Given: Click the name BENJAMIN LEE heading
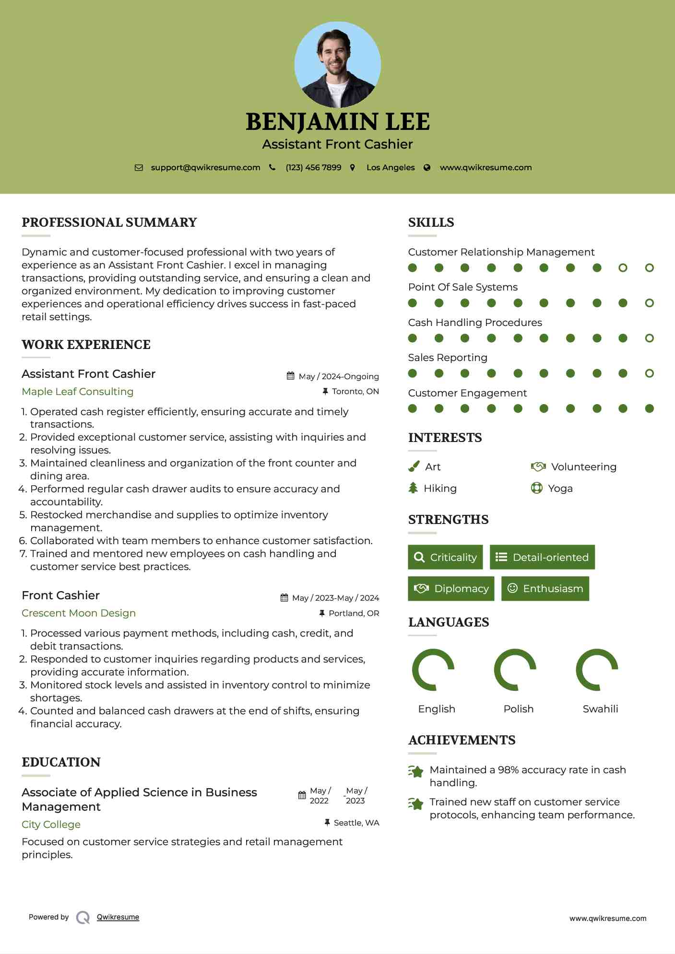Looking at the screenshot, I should (337, 122).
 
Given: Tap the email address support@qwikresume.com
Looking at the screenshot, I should (205, 167).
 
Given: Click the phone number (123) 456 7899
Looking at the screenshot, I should (313, 167).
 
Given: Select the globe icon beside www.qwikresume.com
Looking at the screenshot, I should (427, 167).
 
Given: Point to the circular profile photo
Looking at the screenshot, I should (337, 65).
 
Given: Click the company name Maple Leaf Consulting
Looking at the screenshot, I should (77, 392).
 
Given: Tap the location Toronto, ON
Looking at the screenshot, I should (355, 391).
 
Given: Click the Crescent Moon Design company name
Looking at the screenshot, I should (79, 613).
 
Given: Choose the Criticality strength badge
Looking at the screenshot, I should (445, 557).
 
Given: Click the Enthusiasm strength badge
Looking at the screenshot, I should (545, 589).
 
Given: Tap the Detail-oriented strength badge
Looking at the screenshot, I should (542, 557).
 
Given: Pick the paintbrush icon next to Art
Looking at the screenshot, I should (414, 466).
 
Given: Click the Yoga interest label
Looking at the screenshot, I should (560, 489).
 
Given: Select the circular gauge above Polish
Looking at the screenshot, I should (515, 670).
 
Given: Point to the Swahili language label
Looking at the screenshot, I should (600, 709).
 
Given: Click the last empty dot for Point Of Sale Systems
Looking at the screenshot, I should (649, 303).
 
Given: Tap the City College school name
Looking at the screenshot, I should (51, 825).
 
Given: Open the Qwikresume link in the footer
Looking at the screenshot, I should (118, 917).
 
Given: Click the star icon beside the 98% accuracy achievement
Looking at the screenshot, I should (416, 771).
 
